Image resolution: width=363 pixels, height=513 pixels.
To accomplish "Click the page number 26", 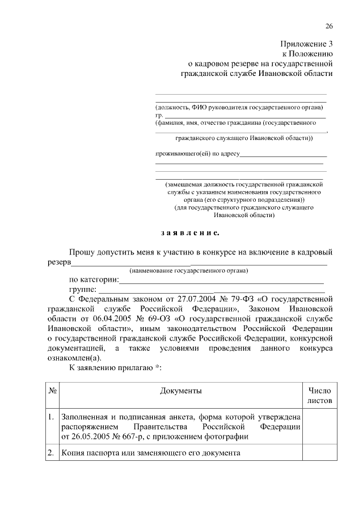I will click(329, 27).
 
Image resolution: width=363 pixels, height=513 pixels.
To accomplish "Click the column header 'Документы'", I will click(180, 391).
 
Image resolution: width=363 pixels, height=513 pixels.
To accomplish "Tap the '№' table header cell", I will click(52, 391).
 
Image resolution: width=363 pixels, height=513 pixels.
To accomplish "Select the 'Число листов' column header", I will click(319, 396).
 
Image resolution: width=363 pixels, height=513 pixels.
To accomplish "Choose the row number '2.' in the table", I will click(51, 453).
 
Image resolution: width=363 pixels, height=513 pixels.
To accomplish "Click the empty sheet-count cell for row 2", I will click(319, 453).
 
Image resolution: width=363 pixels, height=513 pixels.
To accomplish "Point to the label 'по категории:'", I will click(94, 279).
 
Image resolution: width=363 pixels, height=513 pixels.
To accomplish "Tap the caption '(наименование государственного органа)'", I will click(188, 270).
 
